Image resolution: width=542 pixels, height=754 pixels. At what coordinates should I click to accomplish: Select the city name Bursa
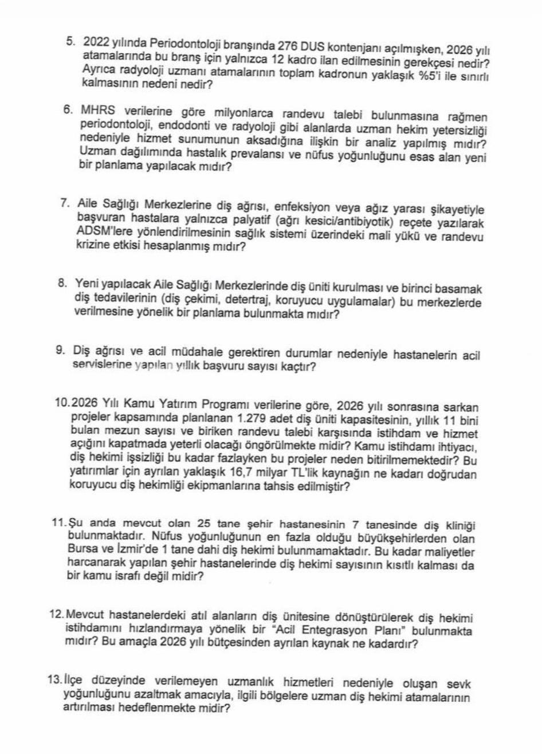(79, 552)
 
